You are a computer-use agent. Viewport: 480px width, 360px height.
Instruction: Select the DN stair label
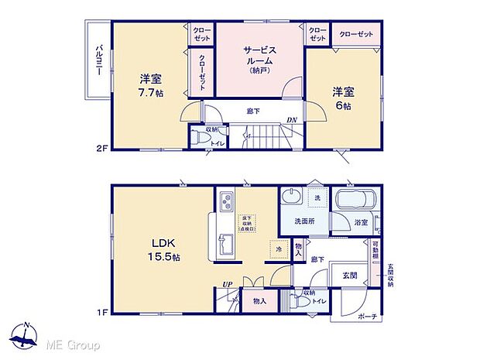pos(291,119)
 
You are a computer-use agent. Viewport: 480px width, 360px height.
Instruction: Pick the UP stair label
pos(228,284)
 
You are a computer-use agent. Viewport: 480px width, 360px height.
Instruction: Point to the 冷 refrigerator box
pos(277,250)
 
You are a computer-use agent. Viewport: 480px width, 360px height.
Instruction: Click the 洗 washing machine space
pos(317,199)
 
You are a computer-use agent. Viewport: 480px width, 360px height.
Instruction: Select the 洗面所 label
pos(303,222)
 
